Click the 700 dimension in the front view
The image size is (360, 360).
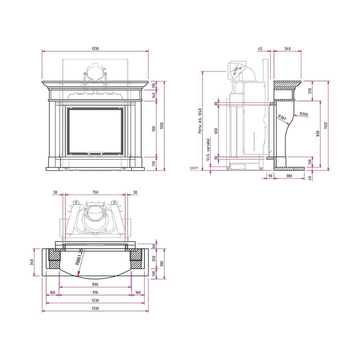tap(154, 129)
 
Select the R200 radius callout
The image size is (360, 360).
tap(303, 114)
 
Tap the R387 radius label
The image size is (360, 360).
tap(282, 117)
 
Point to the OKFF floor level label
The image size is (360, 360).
tap(194, 168)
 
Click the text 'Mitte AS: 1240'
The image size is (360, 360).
tap(200, 121)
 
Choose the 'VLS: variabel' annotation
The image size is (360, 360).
tap(208, 150)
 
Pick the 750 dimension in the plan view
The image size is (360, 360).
tap(95, 192)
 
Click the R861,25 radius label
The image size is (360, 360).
tap(79, 257)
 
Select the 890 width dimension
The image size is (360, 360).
tap(95, 285)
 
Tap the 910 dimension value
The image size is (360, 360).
tap(95, 292)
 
